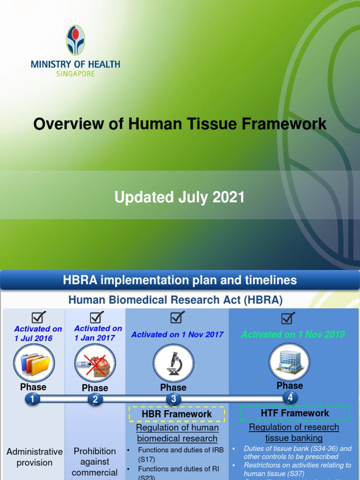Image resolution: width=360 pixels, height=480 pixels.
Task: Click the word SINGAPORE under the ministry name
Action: [75, 74]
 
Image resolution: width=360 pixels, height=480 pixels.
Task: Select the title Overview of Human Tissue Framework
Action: [180, 124]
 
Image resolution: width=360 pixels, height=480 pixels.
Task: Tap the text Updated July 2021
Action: [180, 197]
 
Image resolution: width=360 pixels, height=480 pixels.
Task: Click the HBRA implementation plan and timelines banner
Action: [180, 280]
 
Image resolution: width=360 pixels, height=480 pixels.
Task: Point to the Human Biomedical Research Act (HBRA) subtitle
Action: [176, 300]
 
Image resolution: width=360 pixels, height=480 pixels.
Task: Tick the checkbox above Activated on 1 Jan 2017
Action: [97, 317]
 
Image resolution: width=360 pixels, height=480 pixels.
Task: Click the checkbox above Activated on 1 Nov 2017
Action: [177, 318]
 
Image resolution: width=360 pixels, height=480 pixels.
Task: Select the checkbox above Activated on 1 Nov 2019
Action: [288, 318]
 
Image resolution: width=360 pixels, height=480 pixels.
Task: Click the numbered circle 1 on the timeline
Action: [32, 399]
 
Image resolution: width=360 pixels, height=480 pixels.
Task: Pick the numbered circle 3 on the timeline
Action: [173, 399]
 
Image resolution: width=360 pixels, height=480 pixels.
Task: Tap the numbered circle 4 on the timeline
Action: [290, 397]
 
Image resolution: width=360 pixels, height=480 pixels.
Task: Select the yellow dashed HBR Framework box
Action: [177, 414]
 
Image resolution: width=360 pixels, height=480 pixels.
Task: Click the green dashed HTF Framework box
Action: [295, 413]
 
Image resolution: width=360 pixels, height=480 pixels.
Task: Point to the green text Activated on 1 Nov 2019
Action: [293, 334]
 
